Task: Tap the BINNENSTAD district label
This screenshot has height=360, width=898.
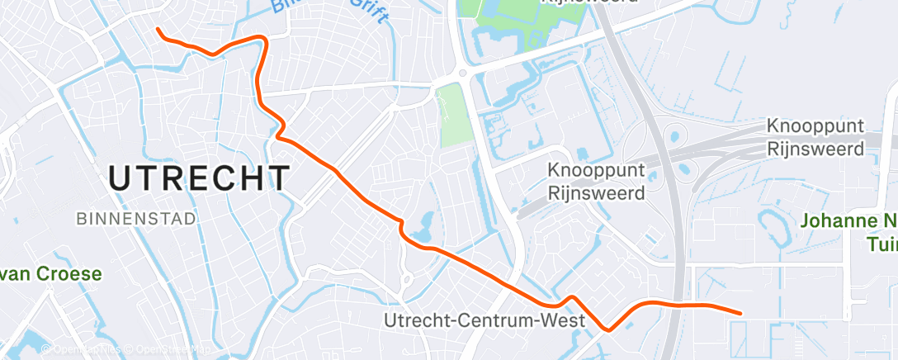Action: [136, 219]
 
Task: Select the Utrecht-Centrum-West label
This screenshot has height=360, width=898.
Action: [485, 320]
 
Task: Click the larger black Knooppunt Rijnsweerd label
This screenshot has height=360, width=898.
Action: [815, 138]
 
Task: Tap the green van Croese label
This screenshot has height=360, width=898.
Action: [50, 274]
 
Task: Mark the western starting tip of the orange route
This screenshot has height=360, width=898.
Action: [158, 29]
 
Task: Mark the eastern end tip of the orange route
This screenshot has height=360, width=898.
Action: [740, 313]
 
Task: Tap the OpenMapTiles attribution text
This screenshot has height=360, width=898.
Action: [83, 350]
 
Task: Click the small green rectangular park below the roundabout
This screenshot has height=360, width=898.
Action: [453, 116]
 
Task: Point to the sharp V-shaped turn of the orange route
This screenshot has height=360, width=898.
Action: [608, 329]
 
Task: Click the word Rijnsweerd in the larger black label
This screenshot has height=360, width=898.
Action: [815, 149]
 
